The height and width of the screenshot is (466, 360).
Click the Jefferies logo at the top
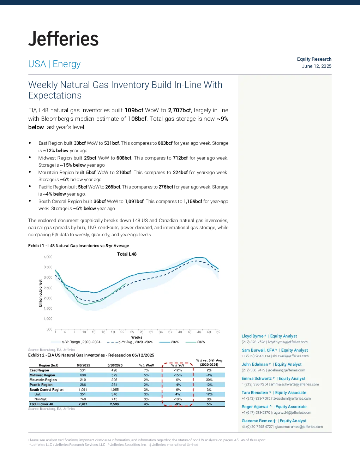(x=63, y=38)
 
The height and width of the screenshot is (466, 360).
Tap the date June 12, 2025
(x=317, y=66)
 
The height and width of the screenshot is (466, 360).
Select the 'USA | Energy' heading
(x=54, y=64)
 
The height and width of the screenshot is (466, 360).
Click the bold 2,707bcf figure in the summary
(x=179, y=110)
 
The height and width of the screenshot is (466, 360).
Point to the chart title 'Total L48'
(x=127, y=254)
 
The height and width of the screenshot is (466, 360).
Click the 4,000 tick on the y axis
(x=48, y=257)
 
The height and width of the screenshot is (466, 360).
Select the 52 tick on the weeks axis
(x=218, y=332)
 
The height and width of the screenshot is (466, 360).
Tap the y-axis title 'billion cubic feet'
(x=40, y=293)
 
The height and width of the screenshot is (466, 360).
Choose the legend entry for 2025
(x=195, y=342)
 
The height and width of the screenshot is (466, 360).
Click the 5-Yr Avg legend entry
(x=130, y=342)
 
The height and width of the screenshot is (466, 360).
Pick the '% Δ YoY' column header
(x=178, y=365)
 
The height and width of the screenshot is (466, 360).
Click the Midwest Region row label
(x=42, y=375)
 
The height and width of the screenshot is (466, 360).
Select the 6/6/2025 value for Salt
(x=83, y=394)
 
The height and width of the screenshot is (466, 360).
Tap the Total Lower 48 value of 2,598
(x=114, y=404)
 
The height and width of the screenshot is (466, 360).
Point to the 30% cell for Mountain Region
(x=209, y=380)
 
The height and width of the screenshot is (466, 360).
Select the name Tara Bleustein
(x=255, y=393)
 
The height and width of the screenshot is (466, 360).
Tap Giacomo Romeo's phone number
(x=257, y=427)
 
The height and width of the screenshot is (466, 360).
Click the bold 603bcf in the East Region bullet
(x=165, y=143)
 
